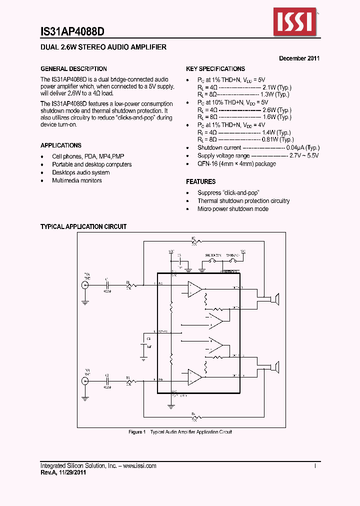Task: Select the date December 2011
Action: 299,58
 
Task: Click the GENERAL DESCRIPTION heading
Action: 73,69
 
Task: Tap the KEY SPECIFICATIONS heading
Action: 215,69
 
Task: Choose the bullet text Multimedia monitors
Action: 77,180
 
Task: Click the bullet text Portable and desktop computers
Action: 92,164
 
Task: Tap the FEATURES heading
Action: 201,181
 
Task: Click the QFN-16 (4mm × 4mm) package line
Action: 236,163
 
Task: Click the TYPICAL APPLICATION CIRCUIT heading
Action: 83,226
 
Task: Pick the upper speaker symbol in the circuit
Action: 274,299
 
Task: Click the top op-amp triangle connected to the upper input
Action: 194,288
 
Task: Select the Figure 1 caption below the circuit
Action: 180,432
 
